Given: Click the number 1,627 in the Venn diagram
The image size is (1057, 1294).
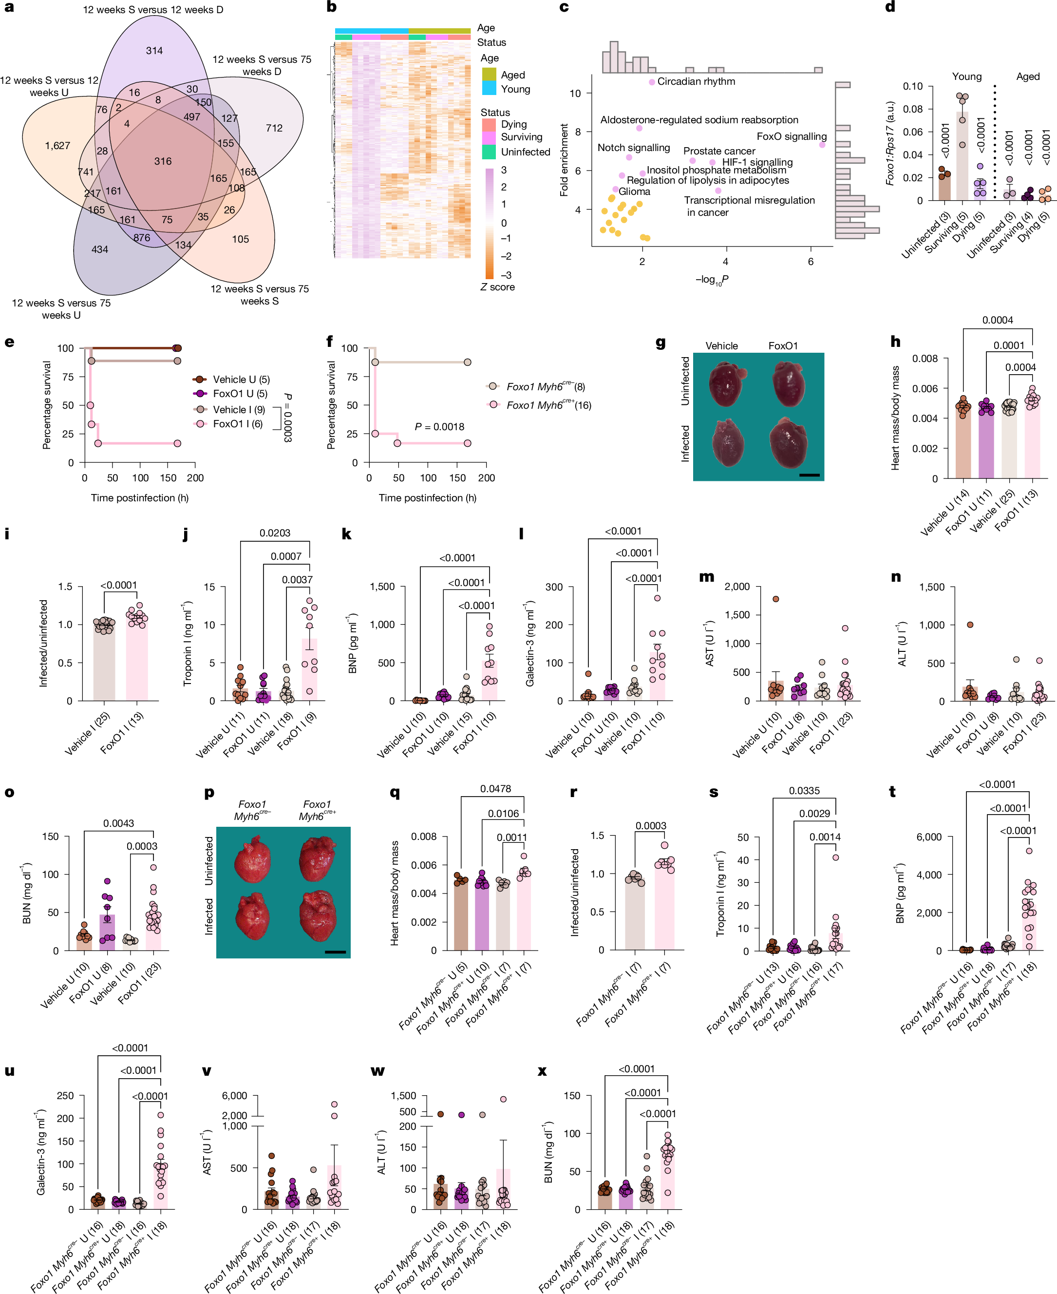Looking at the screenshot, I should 57,146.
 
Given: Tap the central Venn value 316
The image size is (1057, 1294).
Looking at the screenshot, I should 163,161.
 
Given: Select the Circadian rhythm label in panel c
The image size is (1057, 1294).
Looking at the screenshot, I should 696,81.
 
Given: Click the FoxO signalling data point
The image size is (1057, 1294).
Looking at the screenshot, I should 822,145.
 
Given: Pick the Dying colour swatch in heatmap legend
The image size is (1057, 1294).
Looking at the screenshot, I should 488,124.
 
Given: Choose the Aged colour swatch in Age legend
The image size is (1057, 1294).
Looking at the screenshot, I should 488,74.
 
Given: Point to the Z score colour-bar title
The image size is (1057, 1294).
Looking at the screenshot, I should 497,287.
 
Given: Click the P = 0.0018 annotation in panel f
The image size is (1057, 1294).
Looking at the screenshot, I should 439,426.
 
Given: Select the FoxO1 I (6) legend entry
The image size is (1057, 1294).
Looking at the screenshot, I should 238,424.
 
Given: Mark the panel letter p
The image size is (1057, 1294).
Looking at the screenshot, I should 209,792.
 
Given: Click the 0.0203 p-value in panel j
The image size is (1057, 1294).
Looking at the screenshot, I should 275,533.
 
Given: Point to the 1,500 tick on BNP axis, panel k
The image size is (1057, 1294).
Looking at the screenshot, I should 382,587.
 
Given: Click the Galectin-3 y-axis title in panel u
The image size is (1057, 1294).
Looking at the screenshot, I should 41,1152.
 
